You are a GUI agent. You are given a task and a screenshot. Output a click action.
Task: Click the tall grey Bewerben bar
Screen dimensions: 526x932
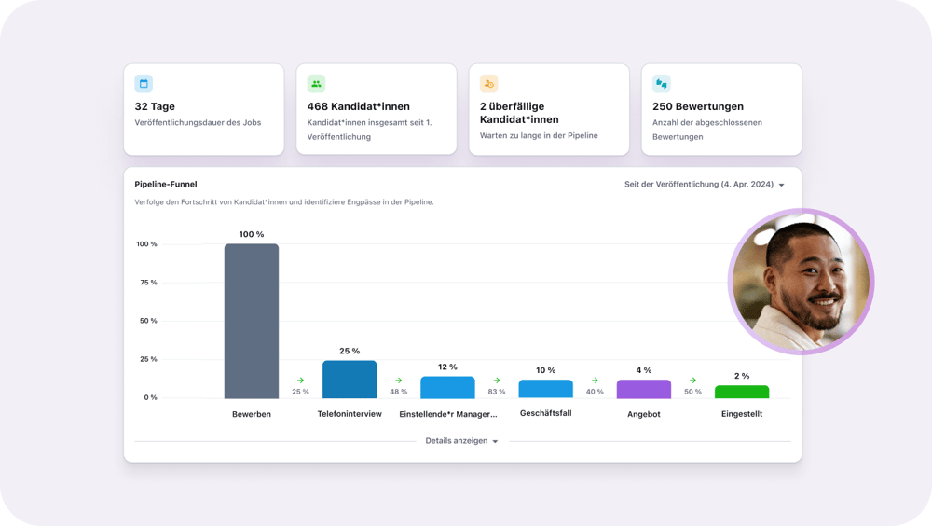252,321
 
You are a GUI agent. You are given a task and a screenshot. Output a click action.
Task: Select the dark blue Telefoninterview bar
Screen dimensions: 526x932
349,380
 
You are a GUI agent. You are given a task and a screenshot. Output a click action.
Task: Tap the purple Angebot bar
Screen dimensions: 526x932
644,389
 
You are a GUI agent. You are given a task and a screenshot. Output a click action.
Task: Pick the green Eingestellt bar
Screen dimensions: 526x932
742,392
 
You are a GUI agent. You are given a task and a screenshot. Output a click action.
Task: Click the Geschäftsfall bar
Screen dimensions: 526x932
546,389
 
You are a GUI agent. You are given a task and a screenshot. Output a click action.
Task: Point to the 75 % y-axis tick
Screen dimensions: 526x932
147,283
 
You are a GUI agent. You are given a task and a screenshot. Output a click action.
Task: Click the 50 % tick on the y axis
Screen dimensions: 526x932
147,321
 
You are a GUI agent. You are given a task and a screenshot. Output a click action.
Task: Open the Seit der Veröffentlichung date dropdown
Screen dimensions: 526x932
704,185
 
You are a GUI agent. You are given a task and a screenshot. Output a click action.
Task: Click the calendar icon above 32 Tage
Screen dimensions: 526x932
144,84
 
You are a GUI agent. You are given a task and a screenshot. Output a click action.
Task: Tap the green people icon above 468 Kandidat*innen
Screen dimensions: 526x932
316,84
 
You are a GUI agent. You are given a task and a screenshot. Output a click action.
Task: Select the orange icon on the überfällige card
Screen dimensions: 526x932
489,84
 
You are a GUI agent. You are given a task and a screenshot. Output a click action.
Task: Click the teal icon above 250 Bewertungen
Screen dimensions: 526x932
662,84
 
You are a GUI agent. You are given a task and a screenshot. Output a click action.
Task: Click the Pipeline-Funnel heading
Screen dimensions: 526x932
166,185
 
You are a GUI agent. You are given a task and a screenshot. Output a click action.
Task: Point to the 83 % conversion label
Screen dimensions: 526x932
497,392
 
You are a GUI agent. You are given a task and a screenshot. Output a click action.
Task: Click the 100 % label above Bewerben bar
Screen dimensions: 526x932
252,234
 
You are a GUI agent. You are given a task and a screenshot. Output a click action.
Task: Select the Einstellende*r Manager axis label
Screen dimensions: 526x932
448,414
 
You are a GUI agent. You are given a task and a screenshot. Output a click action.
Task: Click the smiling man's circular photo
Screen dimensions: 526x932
801,282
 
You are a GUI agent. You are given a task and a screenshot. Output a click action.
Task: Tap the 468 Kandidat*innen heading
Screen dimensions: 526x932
358,106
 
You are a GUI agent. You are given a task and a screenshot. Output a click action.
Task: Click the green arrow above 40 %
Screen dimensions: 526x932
595,380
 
